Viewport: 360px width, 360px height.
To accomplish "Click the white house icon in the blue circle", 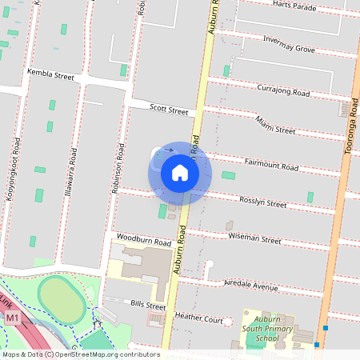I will (180, 173).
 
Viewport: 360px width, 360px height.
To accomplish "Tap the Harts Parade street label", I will (290, 7).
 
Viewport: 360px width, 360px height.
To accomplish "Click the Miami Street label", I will (275, 125).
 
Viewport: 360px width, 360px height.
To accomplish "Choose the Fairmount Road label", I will (271, 165).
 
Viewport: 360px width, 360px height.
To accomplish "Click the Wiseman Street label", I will (255, 239).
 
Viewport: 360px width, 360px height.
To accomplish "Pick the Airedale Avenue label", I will (251, 286).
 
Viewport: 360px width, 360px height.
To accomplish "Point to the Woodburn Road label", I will (144, 240).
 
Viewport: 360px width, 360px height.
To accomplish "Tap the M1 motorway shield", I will (12, 318).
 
